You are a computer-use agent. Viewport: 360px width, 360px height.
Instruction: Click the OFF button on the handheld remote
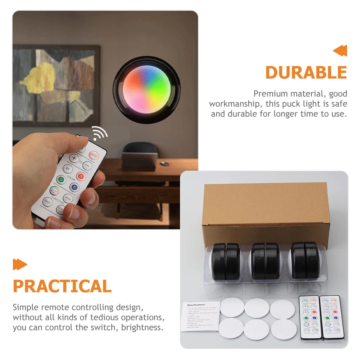click(x=94, y=155)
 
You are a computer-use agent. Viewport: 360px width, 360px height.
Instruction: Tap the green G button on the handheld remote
click(x=61, y=179)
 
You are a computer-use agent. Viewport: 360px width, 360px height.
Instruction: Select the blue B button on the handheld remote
click(x=74, y=187)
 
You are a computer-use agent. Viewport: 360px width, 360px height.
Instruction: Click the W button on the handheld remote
click(x=67, y=168)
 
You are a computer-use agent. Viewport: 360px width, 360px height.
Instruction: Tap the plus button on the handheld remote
click(x=74, y=158)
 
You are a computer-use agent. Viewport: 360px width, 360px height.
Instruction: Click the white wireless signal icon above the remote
click(x=100, y=134)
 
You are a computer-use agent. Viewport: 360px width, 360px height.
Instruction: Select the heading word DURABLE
click(x=306, y=73)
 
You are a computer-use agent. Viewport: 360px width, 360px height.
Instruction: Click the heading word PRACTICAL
click(x=62, y=286)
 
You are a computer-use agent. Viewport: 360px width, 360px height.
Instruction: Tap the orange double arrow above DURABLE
click(x=340, y=51)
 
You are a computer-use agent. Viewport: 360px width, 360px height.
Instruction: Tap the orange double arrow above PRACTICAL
click(x=20, y=264)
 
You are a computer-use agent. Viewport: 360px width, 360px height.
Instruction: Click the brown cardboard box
click(x=265, y=212)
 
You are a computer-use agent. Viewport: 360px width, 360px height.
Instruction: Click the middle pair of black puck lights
click(x=265, y=261)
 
